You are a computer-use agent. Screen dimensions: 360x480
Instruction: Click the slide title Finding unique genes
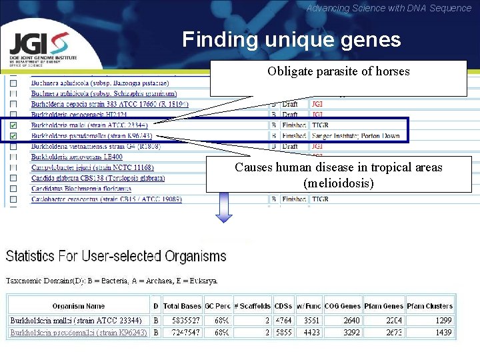coord(291,40)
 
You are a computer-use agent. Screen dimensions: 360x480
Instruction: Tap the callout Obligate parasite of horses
coord(339,72)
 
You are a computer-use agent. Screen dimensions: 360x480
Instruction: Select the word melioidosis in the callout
coord(338,182)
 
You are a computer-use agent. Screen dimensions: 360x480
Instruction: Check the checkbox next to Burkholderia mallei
coord(14,125)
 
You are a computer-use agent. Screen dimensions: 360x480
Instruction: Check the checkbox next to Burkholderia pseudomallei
coord(14,136)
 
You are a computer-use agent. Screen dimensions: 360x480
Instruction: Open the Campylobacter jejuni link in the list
coord(92,167)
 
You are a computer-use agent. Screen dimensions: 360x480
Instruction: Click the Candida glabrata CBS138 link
coord(97,178)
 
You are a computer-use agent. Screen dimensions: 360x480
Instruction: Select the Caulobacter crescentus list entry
coord(106,199)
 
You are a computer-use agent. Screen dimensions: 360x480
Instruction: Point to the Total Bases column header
coord(181,306)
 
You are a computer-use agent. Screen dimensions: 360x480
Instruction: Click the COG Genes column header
coord(342,306)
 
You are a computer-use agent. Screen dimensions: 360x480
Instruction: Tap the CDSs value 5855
coord(283,332)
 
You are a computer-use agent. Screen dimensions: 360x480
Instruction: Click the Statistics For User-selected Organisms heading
coord(116,256)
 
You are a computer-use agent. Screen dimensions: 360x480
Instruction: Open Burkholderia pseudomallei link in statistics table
coord(78,332)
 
